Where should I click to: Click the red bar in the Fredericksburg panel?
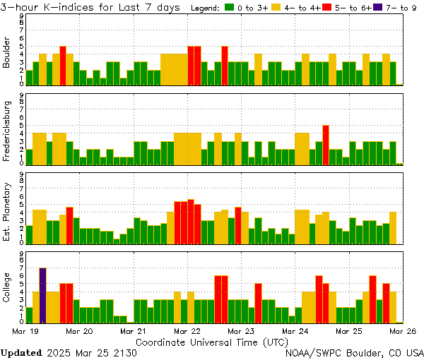tap(326, 145)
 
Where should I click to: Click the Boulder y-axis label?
tap(7, 53)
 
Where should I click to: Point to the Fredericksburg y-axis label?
tap(7, 131)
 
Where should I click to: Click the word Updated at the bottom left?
tap(20, 352)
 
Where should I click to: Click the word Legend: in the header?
tap(207, 8)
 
